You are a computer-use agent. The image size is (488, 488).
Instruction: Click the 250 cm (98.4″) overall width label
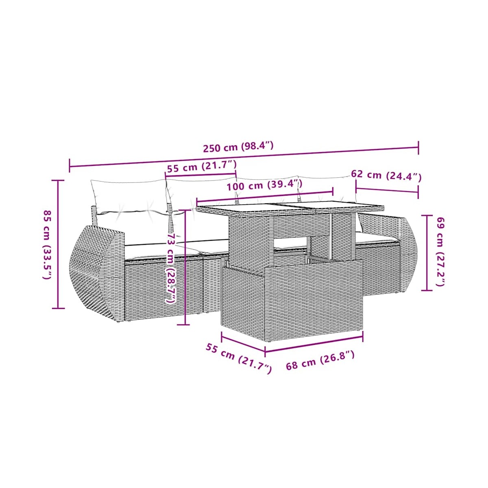(238, 147)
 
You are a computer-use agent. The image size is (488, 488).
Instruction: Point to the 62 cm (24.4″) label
(386, 176)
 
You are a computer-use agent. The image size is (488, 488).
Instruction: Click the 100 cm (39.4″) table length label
(264, 185)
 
